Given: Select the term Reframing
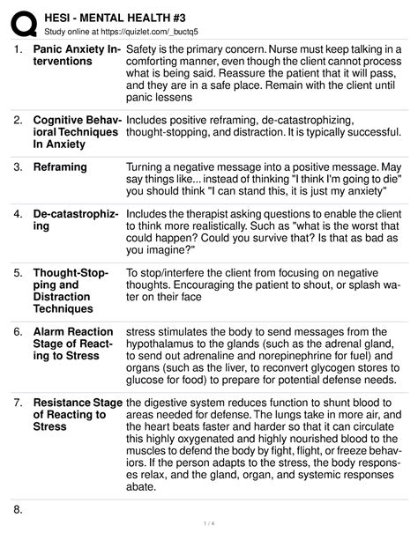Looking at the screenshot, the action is (60, 167).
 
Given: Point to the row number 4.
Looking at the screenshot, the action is (19, 214).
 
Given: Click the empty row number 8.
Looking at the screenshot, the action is (19, 510).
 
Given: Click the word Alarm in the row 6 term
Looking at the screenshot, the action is (53, 332).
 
